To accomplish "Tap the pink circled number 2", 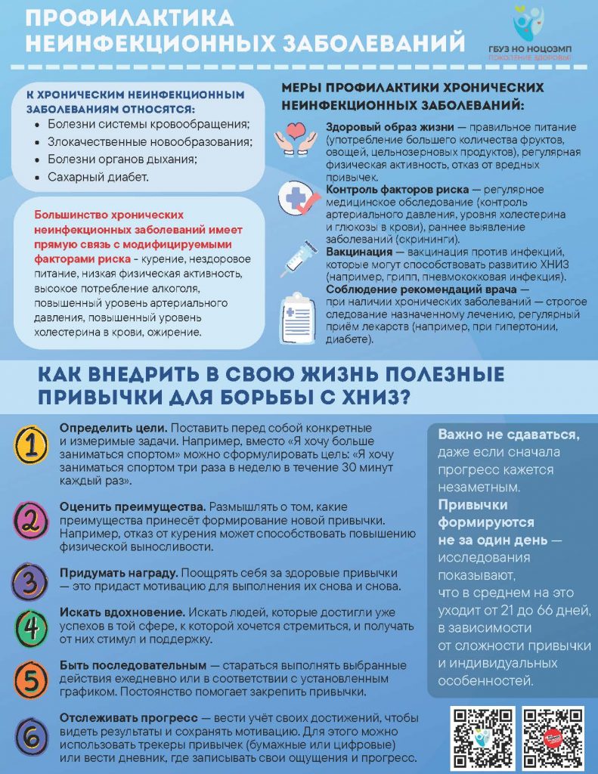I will [x=30, y=520].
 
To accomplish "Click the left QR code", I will [x=482, y=738].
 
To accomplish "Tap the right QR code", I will [x=553, y=738].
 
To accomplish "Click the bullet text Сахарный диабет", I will [x=98, y=178].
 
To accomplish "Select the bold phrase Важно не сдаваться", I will [x=509, y=435].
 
